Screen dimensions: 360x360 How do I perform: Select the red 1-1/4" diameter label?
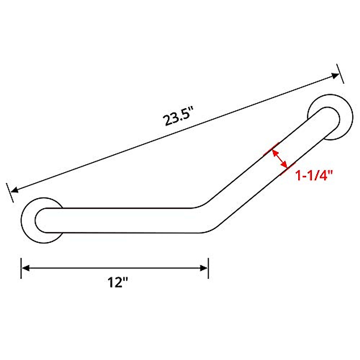pos(315,175)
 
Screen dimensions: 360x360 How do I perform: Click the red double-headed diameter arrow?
pos(279,158)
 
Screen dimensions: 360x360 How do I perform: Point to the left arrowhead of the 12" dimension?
pos(26,268)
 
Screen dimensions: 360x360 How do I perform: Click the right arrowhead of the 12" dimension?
pos(204,268)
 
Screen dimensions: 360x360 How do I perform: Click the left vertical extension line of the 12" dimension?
pos(21,268)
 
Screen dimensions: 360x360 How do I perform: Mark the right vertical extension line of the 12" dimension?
pos(208,268)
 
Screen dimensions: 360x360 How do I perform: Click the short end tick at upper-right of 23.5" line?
pos(340,73)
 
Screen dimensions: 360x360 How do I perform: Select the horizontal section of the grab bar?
pos(120,220)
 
